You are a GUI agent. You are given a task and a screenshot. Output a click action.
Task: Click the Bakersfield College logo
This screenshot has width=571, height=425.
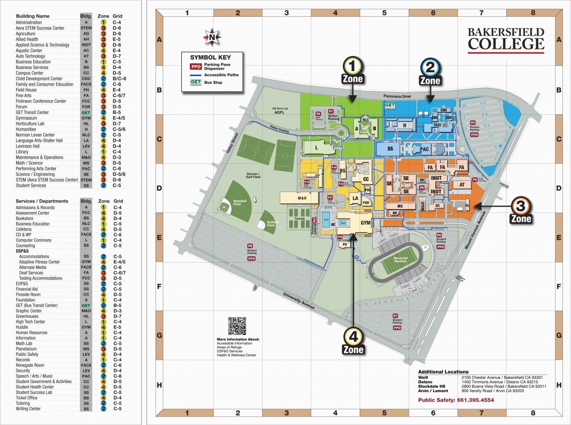pyautogui.click(x=505, y=40)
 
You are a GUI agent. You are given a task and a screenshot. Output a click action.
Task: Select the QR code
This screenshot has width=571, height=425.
pyautogui.click(x=237, y=326)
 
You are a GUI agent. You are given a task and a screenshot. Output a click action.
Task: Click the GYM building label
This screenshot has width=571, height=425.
pyautogui.click(x=365, y=223)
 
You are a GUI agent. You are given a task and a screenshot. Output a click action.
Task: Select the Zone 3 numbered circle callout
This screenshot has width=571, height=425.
pyautogui.click(x=521, y=206)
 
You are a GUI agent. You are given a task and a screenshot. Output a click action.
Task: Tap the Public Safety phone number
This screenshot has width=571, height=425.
pyautogui.click(x=456, y=400)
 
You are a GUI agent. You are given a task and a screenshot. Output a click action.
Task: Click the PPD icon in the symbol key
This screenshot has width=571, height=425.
pyautogui.click(x=196, y=67)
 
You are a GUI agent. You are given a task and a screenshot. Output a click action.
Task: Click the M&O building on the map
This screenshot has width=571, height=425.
pyautogui.click(x=298, y=198)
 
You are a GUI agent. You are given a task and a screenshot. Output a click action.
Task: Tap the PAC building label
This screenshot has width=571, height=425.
pyautogui.click(x=425, y=150)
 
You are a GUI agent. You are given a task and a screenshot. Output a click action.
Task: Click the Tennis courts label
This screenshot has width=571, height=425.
pyautogui.click(x=299, y=219)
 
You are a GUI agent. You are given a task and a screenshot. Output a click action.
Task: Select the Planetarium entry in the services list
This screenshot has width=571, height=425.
pyautogui.click(x=27, y=349)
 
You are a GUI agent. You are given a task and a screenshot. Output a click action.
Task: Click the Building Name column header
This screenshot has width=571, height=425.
pyautogui.click(x=32, y=16)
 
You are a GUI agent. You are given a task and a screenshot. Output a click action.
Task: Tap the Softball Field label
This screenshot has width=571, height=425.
pyautogui.click(x=271, y=224)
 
